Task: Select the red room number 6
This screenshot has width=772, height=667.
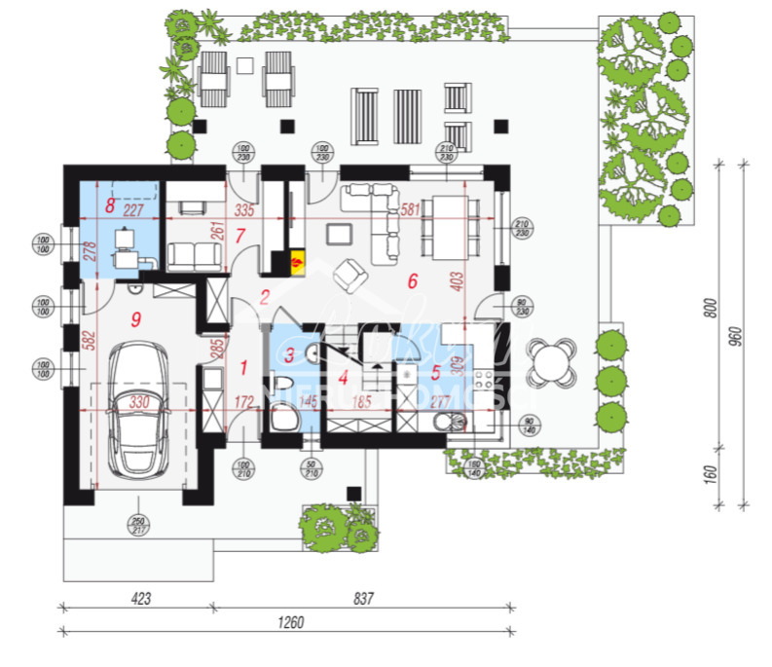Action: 412,281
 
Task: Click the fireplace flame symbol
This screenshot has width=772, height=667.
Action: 297,261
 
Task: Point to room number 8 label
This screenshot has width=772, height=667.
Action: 110,206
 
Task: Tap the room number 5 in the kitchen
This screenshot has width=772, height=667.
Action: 436,371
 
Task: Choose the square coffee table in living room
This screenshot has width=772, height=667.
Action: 339,233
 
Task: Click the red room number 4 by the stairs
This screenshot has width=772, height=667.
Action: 343,376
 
